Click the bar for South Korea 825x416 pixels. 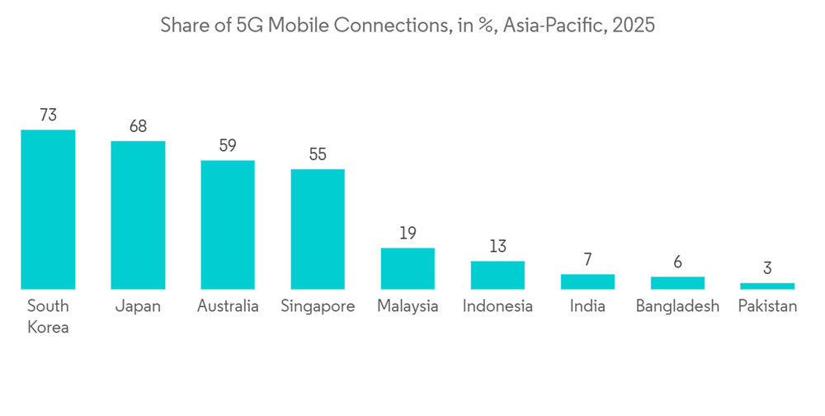(48, 210)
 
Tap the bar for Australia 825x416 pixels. (228, 225)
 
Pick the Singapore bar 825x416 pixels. (318, 229)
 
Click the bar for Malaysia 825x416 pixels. (408, 268)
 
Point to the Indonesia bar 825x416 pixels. (497, 275)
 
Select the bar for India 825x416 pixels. (587, 281)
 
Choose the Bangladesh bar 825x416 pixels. (677, 282)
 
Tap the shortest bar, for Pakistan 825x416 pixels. (767, 286)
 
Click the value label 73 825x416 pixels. (48, 116)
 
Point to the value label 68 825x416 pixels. (138, 127)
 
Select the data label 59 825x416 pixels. (228, 146)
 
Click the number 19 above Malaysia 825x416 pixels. (408, 234)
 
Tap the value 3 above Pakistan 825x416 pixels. (767, 268)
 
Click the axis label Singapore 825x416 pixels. (318, 306)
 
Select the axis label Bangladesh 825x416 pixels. (677, 306)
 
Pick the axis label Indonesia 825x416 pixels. (497, 306)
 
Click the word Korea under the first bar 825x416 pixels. (48, 327)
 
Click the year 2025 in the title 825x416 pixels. (633, 26)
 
